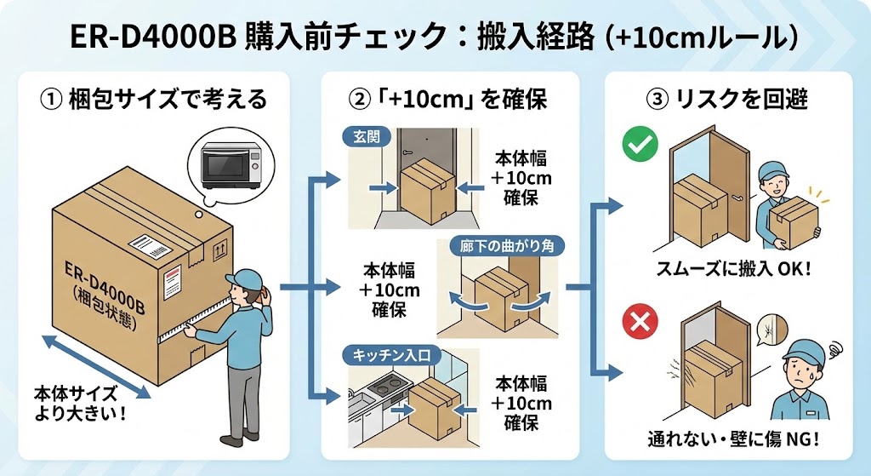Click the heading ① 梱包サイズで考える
pyautogui.click(x=153, y=100)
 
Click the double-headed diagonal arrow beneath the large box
pyautogui.click(x=95, y=366)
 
